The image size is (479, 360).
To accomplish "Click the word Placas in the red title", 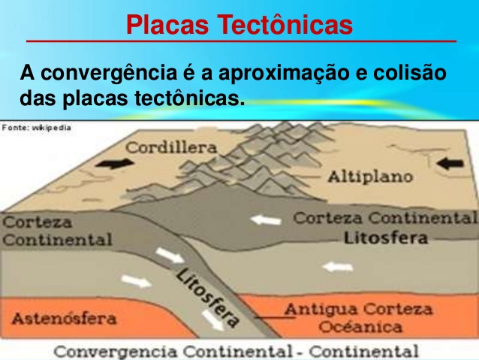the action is pyautogui.click(x=167, y=25).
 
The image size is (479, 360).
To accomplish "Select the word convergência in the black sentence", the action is pyautogui.click(x=109, y=74).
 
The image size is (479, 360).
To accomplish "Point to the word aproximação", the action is pyautogui.click(x=284, y=74).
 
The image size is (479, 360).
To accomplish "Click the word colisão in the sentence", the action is pyautogui.click(x=410, y=73).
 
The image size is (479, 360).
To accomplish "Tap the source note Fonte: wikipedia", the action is pyautogui.click(x=36, y=128).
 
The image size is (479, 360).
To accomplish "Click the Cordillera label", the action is pyautogui.click(x=171, y=148).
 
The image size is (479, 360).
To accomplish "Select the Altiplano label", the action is pyautogui.click(x=370, y=177).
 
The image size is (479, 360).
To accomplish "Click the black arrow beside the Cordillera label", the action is pyautogui.click(x=115, y=164).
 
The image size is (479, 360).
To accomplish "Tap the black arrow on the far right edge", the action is pyautogui.click(x=450, y=164).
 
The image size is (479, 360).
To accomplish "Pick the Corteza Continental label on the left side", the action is pyautogui.click(x=57, y=231).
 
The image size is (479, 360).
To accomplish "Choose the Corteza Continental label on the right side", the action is pyautogui.click(x=385, y=218).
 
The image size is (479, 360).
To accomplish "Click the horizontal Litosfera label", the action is pyautogui.click(x=386, y=238).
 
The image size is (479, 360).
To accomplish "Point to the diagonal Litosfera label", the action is pyautogui.click(x=206, y=297).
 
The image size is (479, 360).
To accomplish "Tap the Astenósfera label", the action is pyautogui.click(x=64, y=319).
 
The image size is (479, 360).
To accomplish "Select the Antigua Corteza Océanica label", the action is pyautogui.click(x=359, y=318).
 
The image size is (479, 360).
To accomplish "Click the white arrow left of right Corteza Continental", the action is pyautogui.click(x=265, y=220).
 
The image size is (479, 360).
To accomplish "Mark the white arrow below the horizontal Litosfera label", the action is pyautogui.click(x=338, y=268).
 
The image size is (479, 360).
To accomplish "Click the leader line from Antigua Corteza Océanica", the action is pyautogui.click(x=275, y=318).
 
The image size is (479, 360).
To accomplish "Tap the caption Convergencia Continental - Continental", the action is pyautogui.click(x=236, y=351).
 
